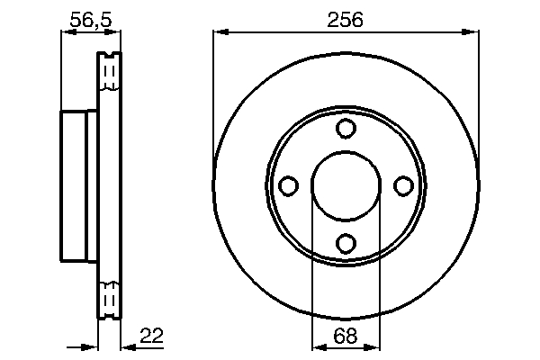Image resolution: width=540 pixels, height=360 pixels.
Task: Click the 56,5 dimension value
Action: click(x=91, y=17)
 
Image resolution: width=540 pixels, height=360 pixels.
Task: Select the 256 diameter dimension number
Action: click(x=346, y=17)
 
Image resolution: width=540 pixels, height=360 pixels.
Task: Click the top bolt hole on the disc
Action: click(x=346, y=129)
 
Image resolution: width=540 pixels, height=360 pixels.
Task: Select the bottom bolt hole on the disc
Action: click(x=346, y=242)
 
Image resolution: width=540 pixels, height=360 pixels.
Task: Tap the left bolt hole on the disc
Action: click(x=289, y=185)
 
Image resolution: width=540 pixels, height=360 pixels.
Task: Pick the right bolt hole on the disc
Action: click(x=403, y=185)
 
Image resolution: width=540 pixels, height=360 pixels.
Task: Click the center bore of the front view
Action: click(x=346, y=185)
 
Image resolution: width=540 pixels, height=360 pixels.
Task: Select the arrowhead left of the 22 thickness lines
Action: click(x=89, y=346)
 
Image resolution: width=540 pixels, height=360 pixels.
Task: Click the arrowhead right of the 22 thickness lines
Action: click(x=127, y=346)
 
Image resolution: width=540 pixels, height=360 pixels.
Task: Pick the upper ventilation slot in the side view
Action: click(x=109, y=72)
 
